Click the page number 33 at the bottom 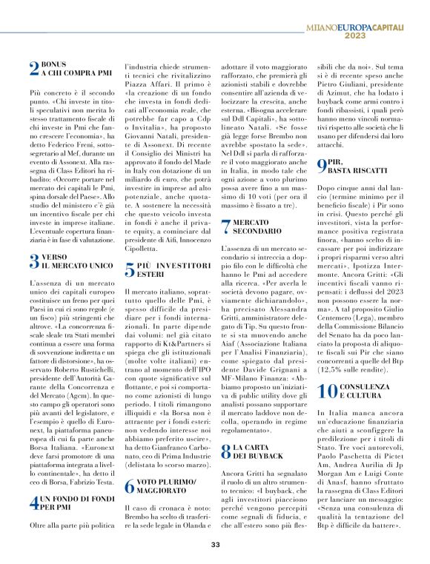click(x=215, y=545)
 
